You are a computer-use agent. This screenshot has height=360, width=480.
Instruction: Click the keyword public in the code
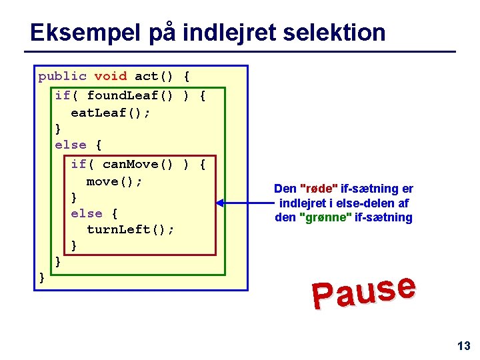[x=62, y=76]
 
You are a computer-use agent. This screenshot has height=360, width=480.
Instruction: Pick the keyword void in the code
[x=110, y=76]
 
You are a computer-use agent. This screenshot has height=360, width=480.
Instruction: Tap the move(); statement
[x=114, y=181]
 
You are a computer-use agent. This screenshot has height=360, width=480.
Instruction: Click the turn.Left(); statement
[x=130, y=229]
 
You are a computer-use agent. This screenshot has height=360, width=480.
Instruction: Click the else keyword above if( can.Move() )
[x=70, y=145]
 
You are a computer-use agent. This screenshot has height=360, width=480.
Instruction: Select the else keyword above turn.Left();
[x=87, y=213]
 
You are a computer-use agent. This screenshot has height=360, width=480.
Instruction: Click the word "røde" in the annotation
[x=317, y=189]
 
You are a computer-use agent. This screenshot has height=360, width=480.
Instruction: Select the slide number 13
[x=463, y=345]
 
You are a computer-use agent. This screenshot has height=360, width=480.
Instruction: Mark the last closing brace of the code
[x=42, y=275]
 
